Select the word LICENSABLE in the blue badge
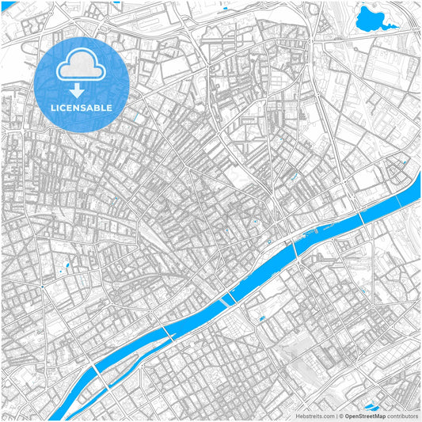pyautogui.click(x=82, y=107)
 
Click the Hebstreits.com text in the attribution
pyautogui.click(x=314, y=416)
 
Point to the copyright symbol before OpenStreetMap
pyautogui.click(x=340, y=416)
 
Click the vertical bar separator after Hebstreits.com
pyautogui.click(x=335, y=416)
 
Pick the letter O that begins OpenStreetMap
pyautogui.click(x=347, y=416)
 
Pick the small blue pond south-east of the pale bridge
pyautogui.click(x=261, y=318)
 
